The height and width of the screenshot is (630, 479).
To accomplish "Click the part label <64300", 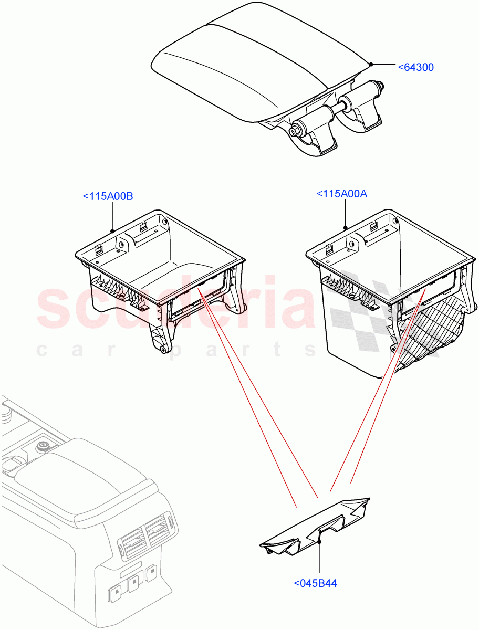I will click(415, 67).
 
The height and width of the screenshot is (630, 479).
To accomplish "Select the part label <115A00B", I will click(108, 196).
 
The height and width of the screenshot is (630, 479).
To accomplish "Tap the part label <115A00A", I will click(341, 194).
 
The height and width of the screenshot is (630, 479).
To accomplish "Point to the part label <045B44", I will click(315, 583).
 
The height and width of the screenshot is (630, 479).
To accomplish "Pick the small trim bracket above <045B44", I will click(315, 525).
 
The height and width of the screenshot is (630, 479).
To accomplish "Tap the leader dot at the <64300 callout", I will click(371, 65).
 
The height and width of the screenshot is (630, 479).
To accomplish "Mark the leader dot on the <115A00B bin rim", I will click(113, 230).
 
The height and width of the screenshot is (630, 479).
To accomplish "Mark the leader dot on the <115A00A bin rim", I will click(346, 227).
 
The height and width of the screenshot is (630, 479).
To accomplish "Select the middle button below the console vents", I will click(133, 581).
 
